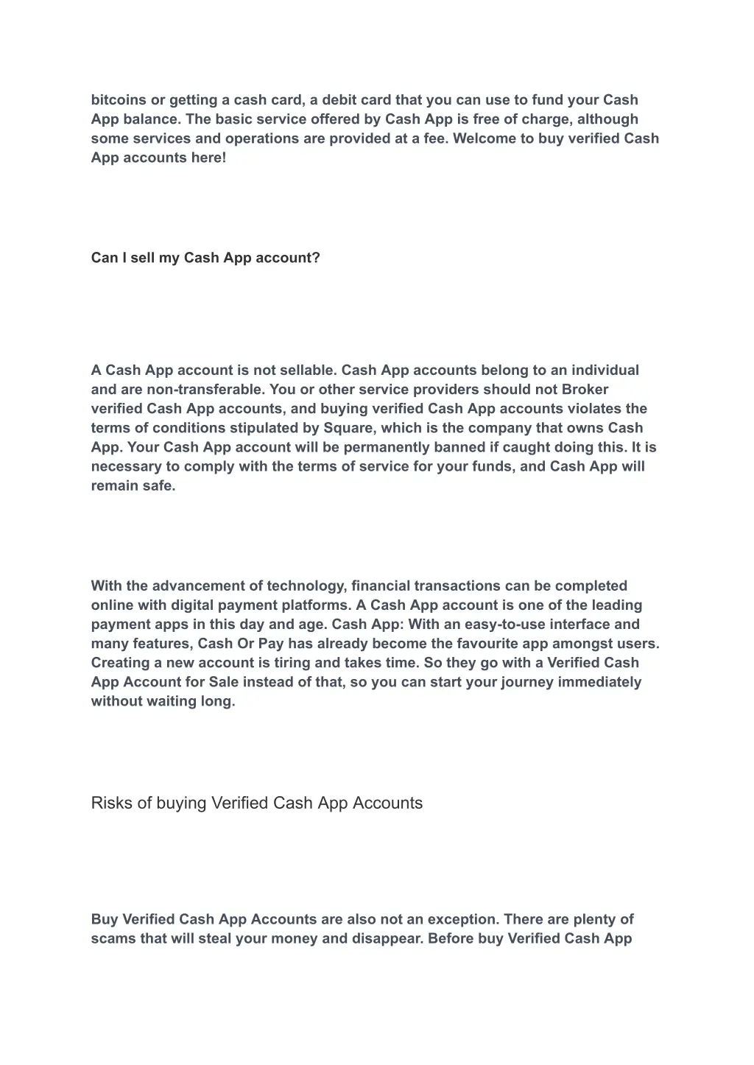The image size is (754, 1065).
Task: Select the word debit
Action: [x=339, y=100]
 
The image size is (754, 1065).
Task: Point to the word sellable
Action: [x=307, y=370]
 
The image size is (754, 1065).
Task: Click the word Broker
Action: [x=585, y=390]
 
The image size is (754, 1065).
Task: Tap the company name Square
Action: [x=348, y=428]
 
